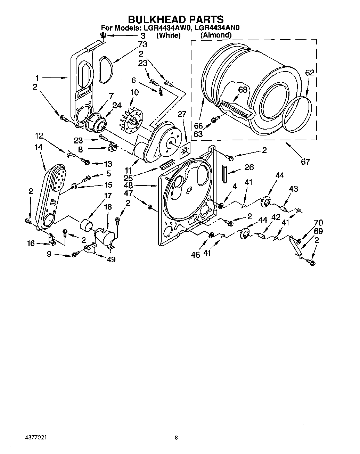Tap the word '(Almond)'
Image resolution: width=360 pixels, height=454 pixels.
coord(215,35)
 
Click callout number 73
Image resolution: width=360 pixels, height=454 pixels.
coord(142,44)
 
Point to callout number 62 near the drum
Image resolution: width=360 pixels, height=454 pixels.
coord(310,73)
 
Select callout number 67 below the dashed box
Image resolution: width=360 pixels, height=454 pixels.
coord(305,162)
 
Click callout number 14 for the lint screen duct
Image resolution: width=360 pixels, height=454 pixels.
coord(39,147)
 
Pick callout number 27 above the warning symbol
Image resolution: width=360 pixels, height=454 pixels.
coord(182,114)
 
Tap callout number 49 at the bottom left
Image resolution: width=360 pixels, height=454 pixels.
coord(111,259)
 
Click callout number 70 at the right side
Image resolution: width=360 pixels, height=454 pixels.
coord(318,223)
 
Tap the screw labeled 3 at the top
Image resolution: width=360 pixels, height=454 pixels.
coord(103,35)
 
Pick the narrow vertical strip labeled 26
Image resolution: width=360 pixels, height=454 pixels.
coord(224,174)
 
